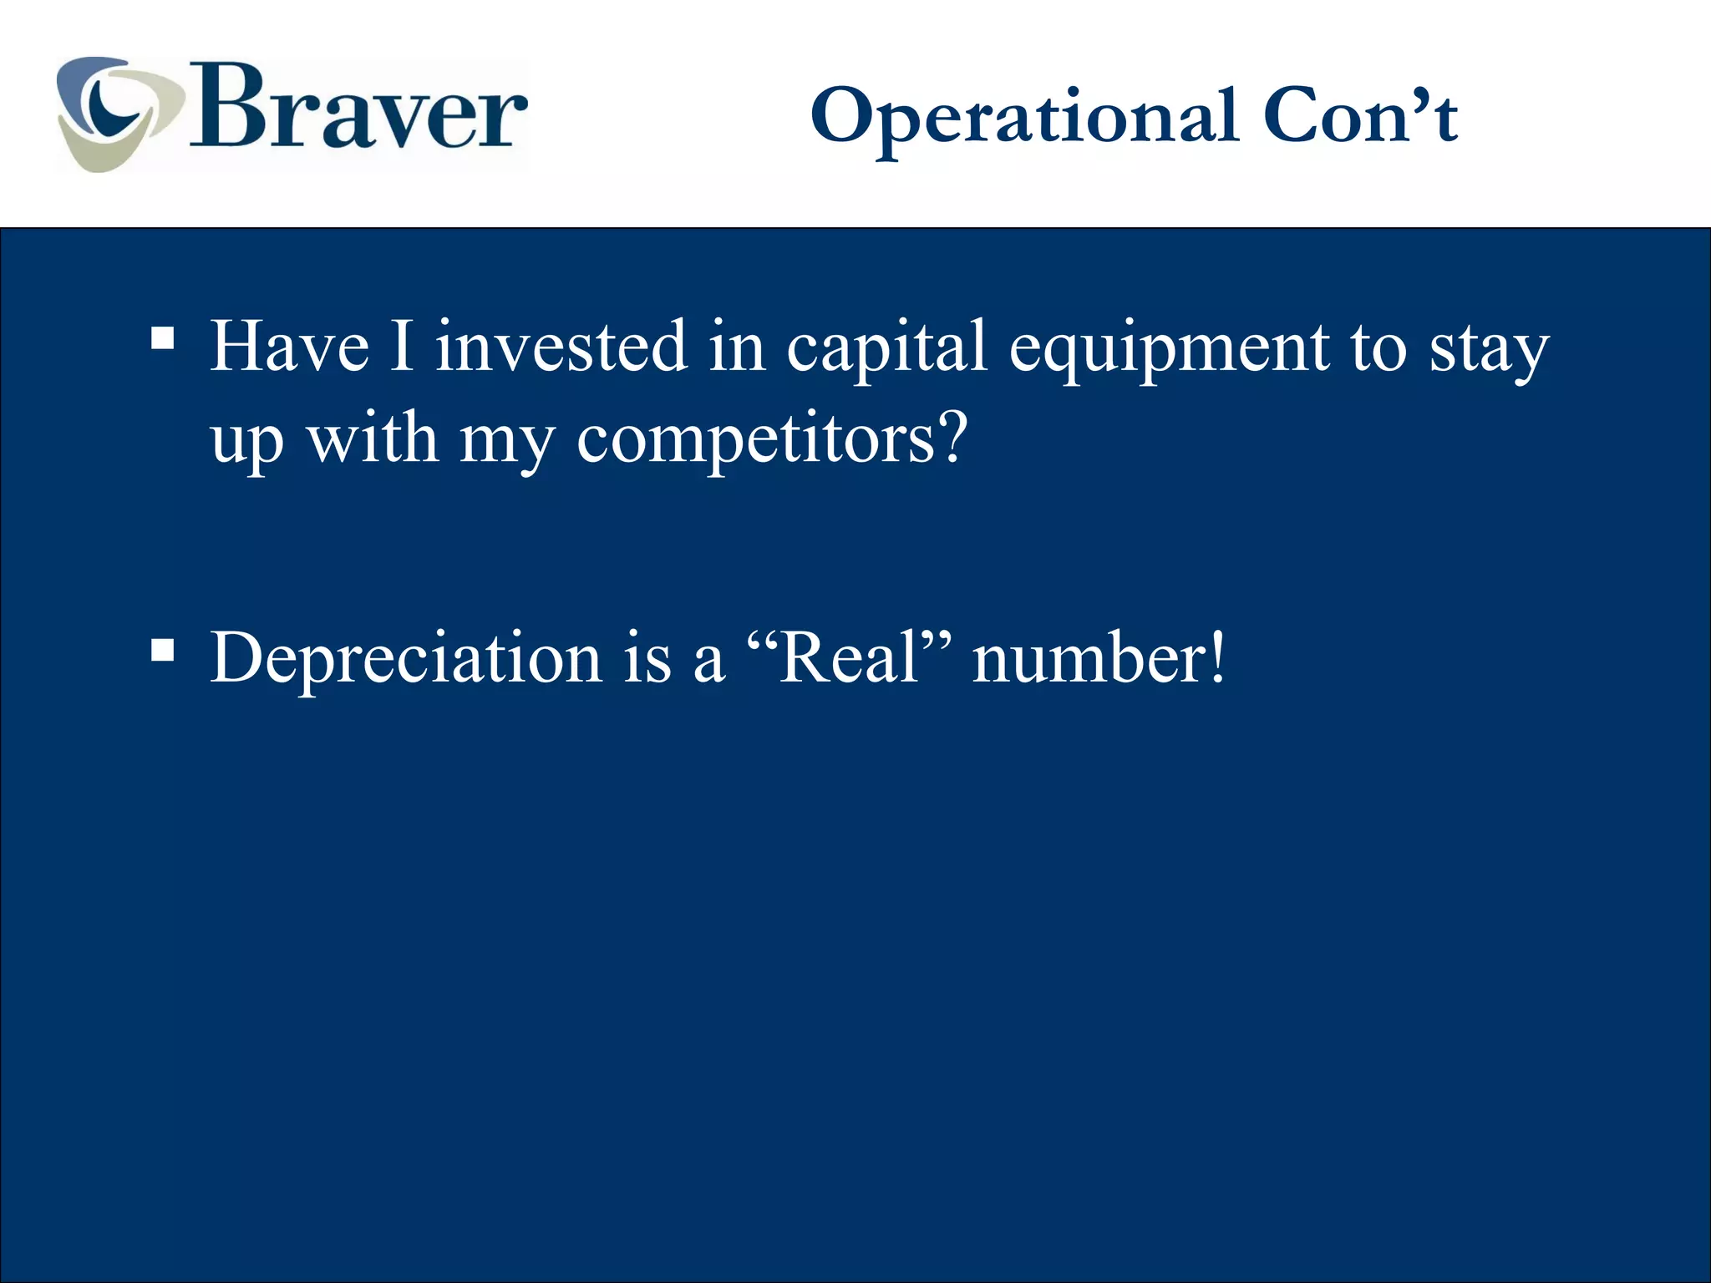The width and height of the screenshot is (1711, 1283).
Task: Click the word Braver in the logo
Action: click(359, 109)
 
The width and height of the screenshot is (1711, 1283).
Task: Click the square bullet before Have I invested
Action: click(163, 338)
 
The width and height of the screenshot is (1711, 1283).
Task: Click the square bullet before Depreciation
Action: click(163, 650)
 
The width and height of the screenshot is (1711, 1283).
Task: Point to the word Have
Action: click(289, 346)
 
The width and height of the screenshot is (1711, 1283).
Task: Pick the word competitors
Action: click(756, 441)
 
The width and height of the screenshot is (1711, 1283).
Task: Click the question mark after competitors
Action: click(952, 436)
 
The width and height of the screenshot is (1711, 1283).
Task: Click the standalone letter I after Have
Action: click(402, 346)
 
